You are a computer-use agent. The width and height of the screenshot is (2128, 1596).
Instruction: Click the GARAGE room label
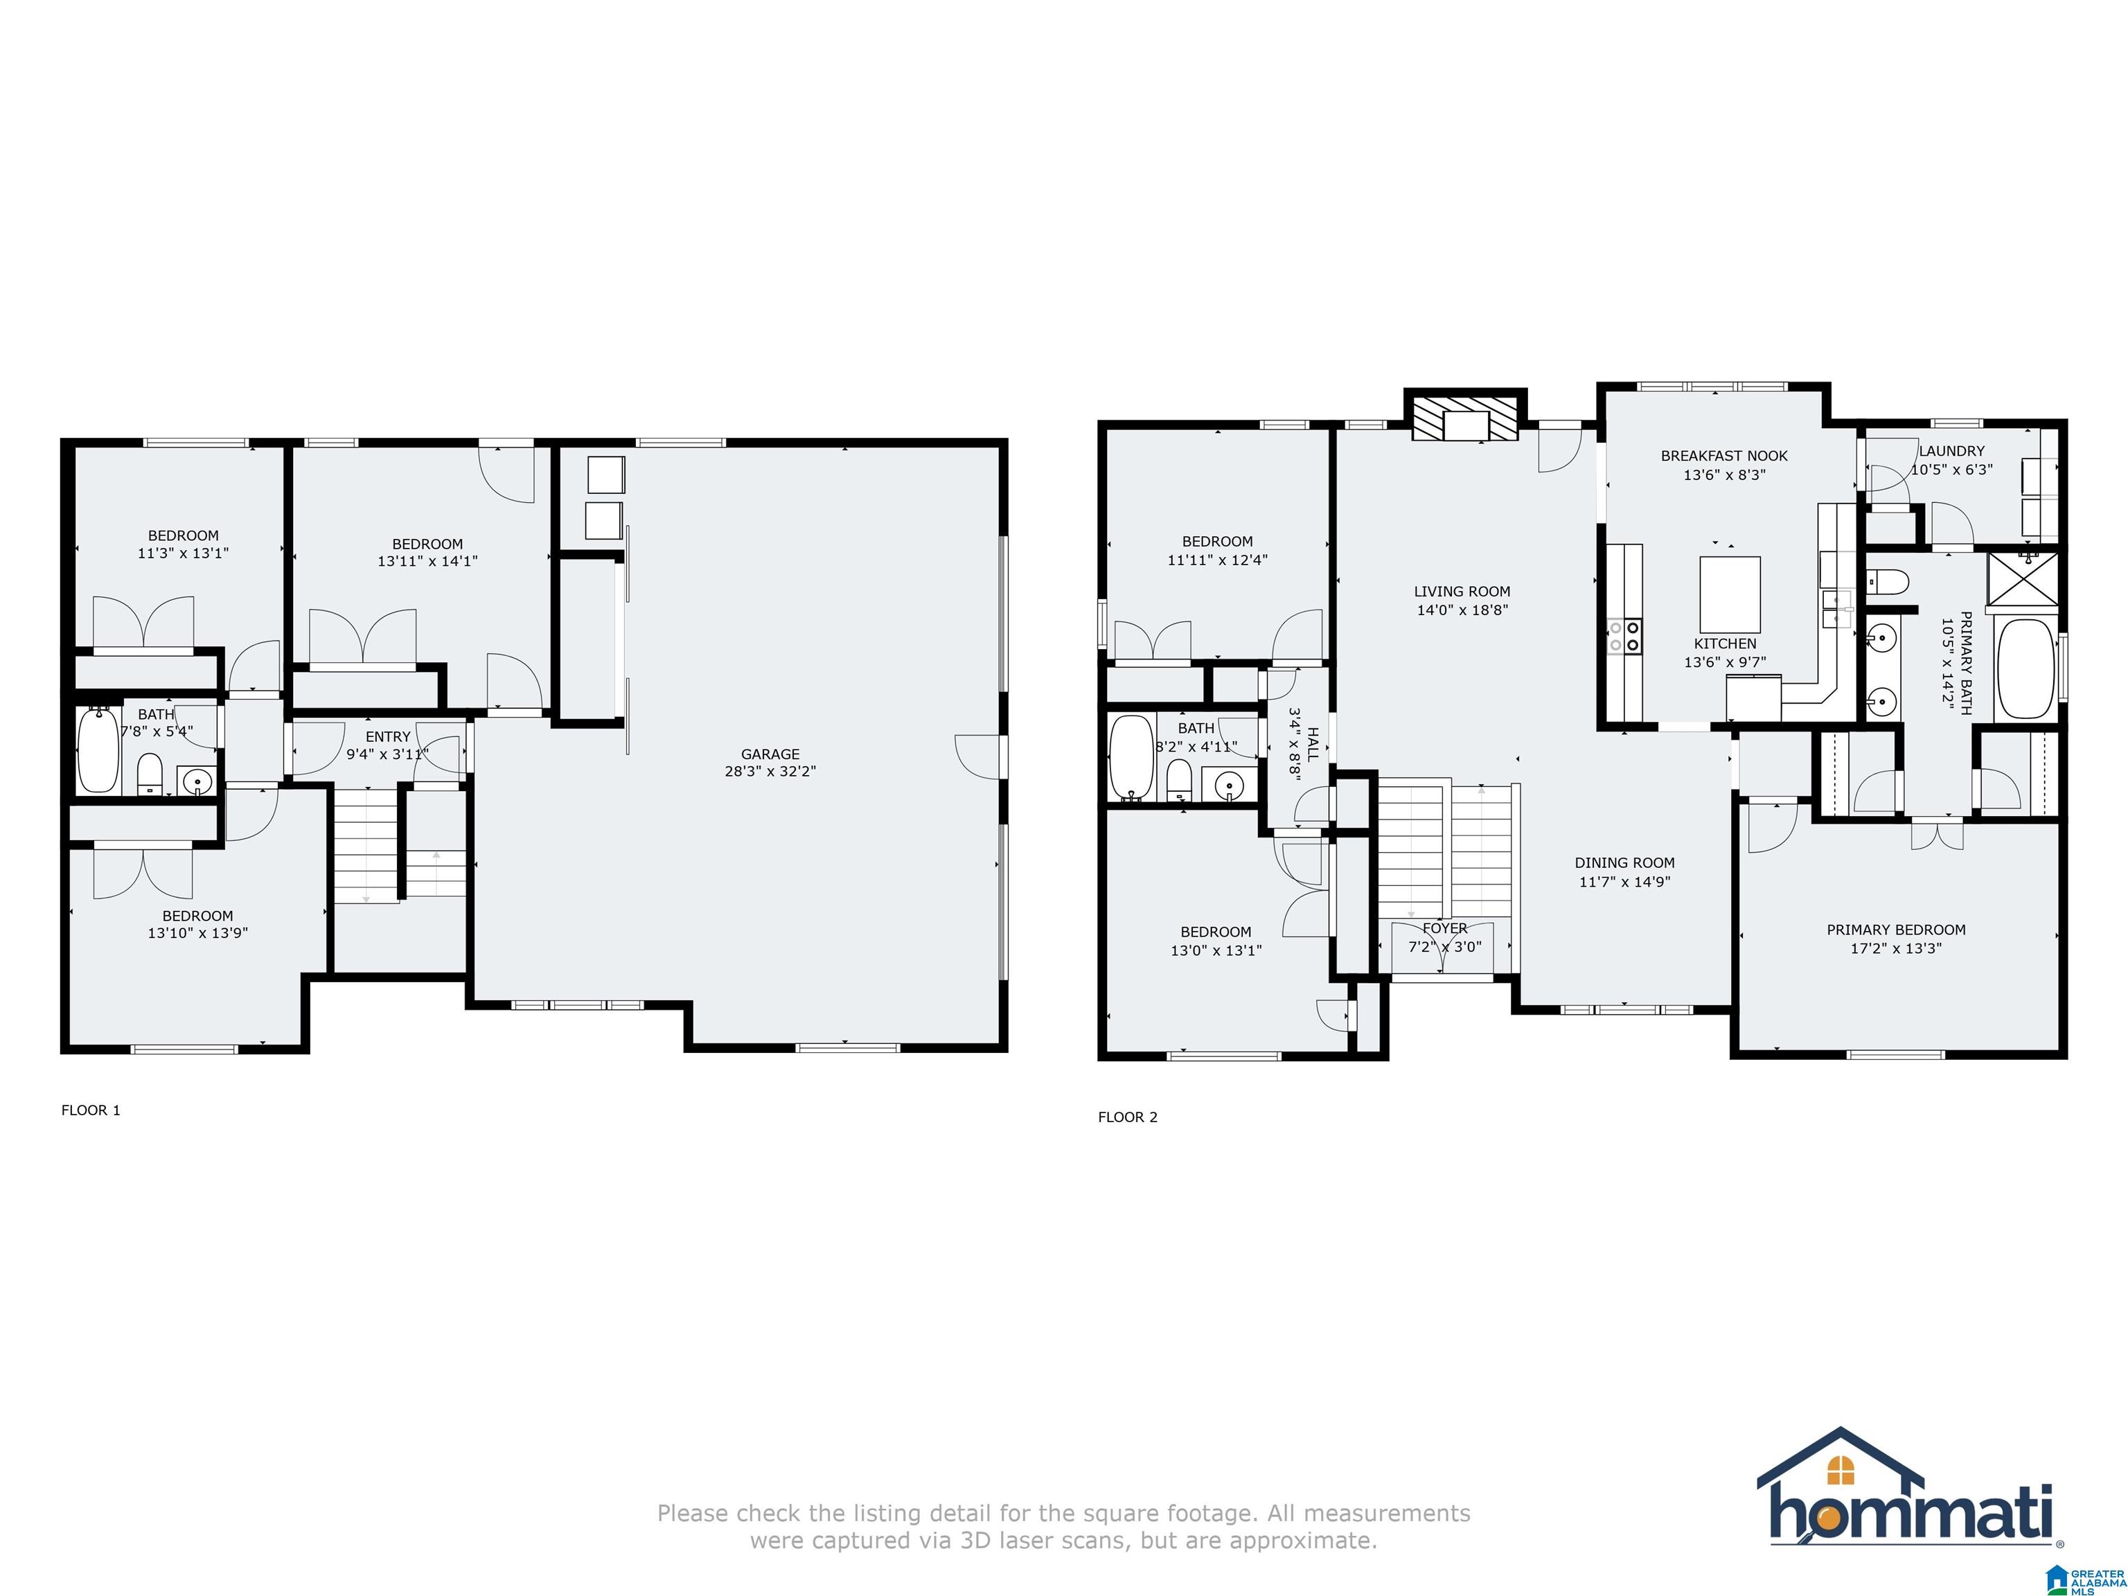(770, 754)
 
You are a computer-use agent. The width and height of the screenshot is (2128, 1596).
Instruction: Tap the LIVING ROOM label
(1462, 592)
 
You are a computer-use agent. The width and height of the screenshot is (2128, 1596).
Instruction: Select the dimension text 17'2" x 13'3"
(1895, 948)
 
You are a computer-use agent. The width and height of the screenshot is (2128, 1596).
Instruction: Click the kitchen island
(1730, 594)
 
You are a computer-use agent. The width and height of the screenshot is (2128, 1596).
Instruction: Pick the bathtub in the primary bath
(2025, 670)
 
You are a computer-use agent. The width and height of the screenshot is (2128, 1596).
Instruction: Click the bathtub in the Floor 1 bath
(98, 750)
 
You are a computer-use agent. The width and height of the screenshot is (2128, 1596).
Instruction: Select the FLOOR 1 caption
(91, 1110)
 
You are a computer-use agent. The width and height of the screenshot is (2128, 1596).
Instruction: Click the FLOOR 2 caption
(1128, 1117)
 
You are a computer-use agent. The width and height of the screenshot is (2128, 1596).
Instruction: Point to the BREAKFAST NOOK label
(1724, 456)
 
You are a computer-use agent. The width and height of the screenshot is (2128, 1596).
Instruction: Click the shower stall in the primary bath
(2024, 579)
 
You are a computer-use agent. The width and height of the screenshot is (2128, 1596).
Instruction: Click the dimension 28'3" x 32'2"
(770, 772)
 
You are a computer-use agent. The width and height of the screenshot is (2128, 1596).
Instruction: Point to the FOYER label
(1444, 928)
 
